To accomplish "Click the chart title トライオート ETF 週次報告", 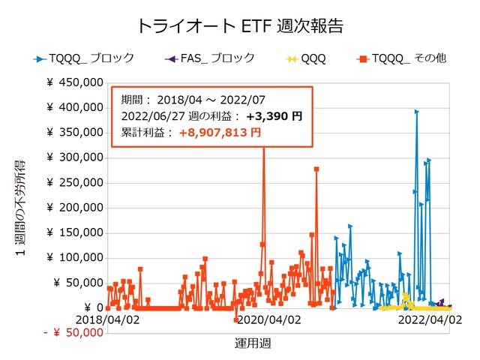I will [x=240, y=25].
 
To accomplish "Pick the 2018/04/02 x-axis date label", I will [x=108, y=319].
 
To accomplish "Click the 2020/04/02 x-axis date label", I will [x=270, y=319].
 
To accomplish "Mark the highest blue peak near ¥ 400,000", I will [x=416, y=112].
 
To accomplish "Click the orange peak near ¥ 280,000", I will [x=316, y=169].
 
